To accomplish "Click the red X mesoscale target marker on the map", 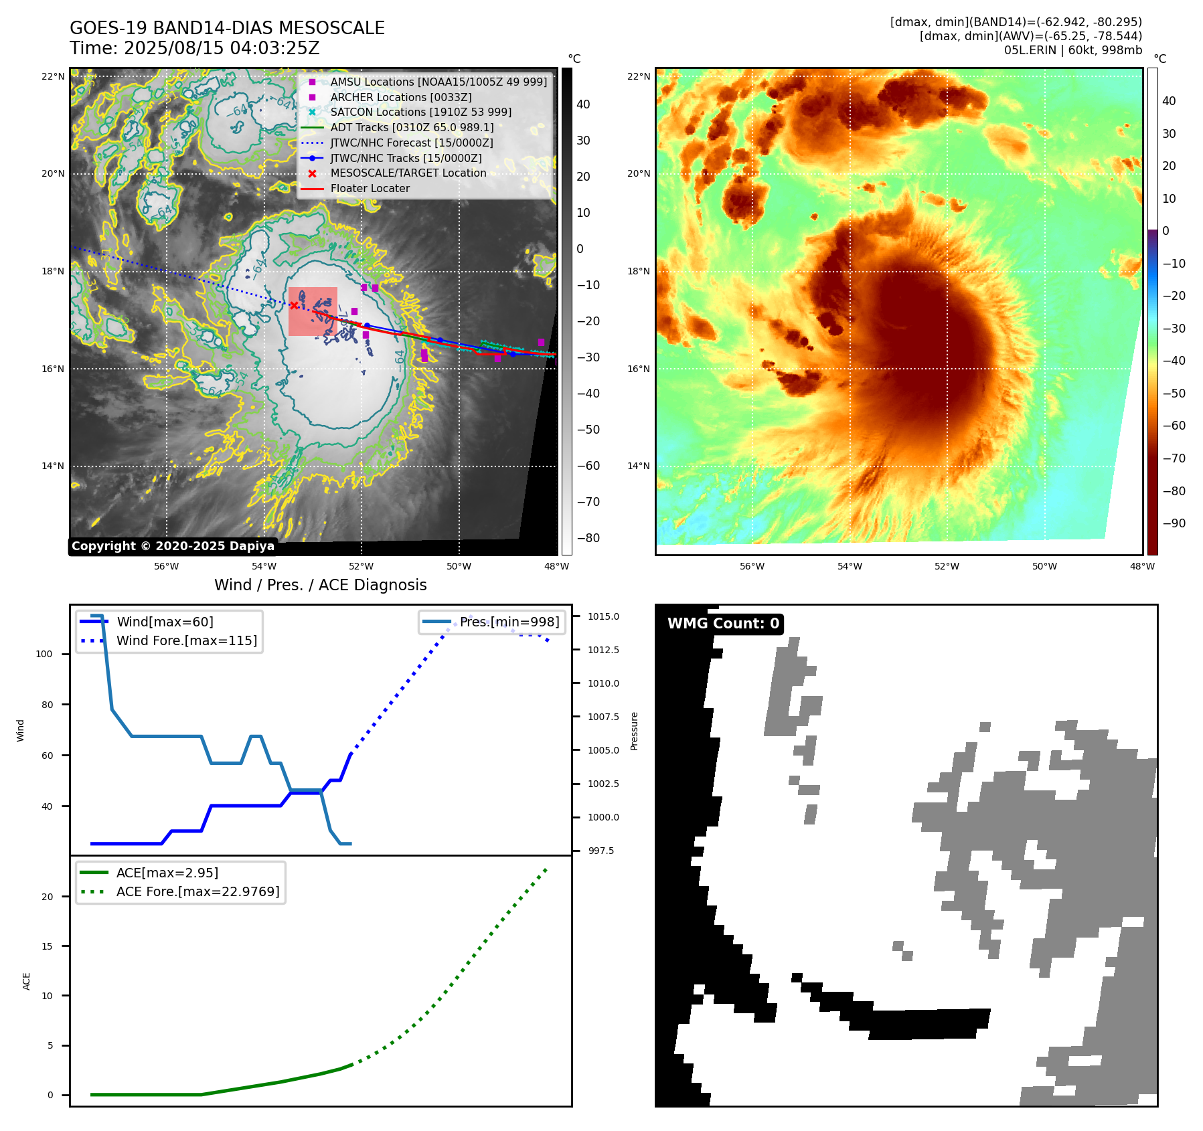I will pos(294,305).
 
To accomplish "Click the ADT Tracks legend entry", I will pos(412,127).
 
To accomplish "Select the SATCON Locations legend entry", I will pos(420,112).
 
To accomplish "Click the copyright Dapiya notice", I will pos(173,546).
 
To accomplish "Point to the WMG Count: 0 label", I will pos(723,624).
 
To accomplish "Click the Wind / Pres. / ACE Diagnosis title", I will pos(320,585).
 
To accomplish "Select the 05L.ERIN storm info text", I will pos(1072,50).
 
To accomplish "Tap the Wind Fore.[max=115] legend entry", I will pos(186,640).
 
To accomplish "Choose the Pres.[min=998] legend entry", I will pos(509,622).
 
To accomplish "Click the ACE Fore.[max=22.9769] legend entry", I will pos(197,891).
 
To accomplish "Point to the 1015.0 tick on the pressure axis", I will pos(603,616).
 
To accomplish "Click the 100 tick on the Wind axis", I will pos(44,654).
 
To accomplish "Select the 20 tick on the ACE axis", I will pos(47,897).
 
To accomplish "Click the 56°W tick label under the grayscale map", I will pos(166,566).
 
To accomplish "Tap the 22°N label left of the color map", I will pos(638,76).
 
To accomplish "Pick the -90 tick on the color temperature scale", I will pos(1174,523).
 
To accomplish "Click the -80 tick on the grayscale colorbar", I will pos(588,538).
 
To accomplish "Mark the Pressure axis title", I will pos(634,731).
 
